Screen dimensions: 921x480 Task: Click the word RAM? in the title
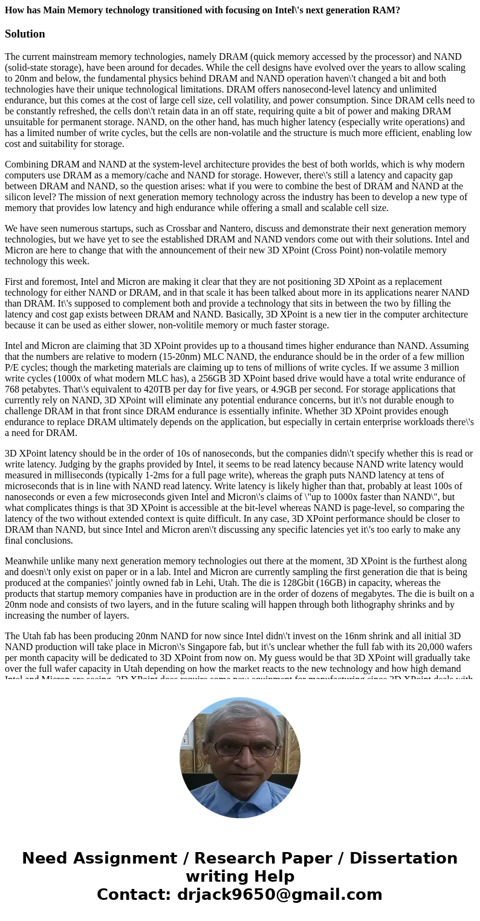tap(385, 10)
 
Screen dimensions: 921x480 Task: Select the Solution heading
tap(25, 34)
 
